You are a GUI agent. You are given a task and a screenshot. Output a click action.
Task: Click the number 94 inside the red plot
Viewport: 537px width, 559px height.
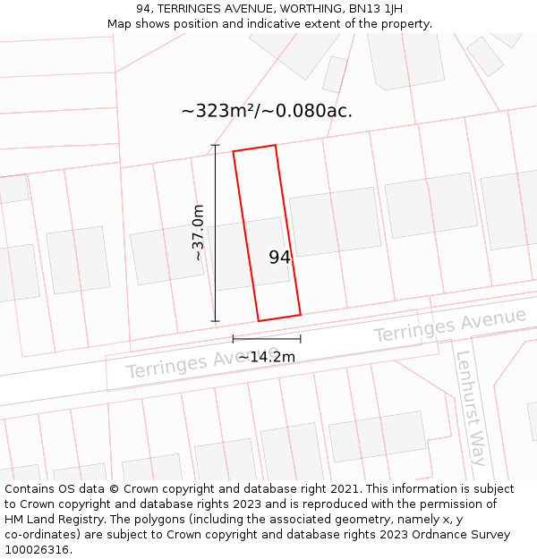coord(279,258)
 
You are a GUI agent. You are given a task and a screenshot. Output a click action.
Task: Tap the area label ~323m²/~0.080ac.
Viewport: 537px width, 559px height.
coord(267,112)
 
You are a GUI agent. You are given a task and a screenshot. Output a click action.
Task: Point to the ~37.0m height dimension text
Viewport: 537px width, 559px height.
coord(199,233)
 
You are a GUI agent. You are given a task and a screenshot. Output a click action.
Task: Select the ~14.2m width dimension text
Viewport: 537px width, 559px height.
coord(266,357)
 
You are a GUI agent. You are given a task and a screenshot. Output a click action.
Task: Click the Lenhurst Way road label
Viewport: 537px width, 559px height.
coord(470,407)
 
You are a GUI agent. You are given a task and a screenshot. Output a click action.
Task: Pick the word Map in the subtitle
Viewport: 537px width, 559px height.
coord(119,24)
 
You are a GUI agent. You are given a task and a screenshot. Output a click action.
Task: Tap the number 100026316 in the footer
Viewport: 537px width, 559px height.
coord(37,550)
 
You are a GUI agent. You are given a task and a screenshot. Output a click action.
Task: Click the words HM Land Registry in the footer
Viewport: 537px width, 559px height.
coord(51,520)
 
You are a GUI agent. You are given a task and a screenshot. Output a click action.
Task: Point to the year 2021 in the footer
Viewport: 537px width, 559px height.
coord(344,489)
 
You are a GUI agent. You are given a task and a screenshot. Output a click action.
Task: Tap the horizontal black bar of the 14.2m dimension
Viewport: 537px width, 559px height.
coord(266,339)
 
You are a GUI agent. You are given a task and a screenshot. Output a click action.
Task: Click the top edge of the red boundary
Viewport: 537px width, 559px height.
coord(254,148)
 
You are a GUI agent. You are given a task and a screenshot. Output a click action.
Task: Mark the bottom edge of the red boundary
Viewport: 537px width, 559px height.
coord(279,318)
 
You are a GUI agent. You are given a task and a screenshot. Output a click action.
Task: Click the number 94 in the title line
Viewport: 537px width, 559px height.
coord(143,9)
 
